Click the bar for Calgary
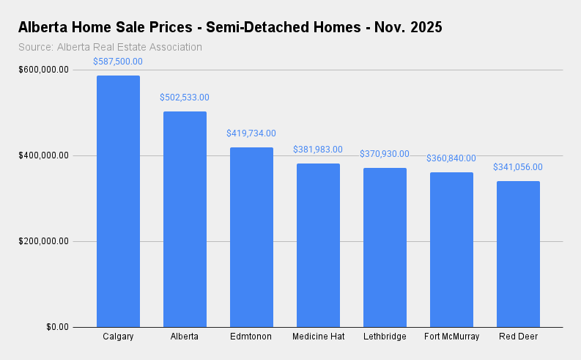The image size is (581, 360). (118, 201)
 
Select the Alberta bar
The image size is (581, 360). (185, 219)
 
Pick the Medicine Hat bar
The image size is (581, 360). (318, 245)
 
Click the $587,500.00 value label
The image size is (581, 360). (118, 62)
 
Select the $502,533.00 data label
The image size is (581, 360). (185, 98)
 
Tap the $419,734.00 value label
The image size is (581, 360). (251, 133)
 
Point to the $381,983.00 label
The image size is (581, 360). (318, 150)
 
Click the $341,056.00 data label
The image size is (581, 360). (518, 167)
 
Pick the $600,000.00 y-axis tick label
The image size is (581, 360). (44, 70)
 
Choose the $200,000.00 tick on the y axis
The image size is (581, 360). (44, 241)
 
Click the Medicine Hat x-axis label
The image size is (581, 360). (318, 337)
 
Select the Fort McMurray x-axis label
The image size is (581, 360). (451, 337)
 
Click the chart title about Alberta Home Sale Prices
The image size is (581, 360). (230, 28)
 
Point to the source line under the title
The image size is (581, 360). (110, 47)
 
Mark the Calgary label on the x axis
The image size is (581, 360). (118, 337)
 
